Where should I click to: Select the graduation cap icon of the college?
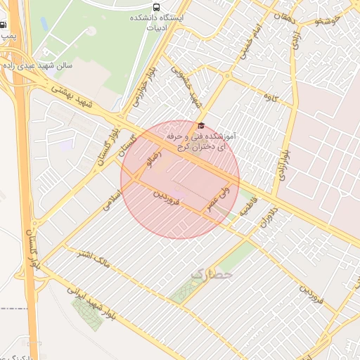tap(201, 124)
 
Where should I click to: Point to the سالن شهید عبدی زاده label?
tap(39, 65)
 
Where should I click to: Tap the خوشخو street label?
tap(329, 22)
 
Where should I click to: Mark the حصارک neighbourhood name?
tap(210, 272)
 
